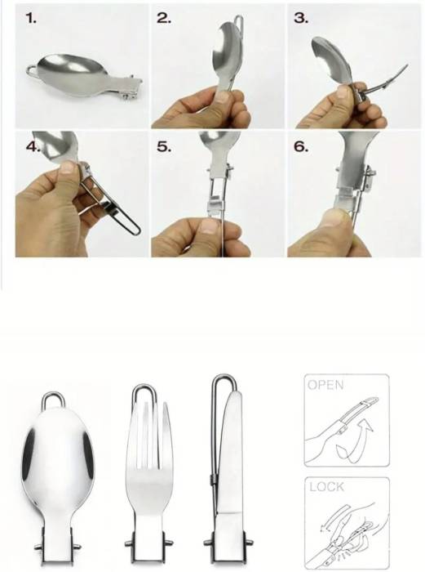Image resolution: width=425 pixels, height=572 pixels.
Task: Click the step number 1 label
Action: pyautogui.click(x=31, y=18)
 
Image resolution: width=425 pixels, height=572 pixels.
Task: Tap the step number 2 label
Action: pyautogui.click(x=164, y=18)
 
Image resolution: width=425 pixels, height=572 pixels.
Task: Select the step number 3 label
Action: pyautogui.click(x=301, y=18)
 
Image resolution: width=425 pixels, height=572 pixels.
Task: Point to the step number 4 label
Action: pyautogui.click(x=33, y=146)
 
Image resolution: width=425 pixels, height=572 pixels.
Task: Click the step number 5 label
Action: pyautogui.click(x=164, y=146)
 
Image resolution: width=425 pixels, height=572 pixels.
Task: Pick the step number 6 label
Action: pyautogui.click(x=301, y=146)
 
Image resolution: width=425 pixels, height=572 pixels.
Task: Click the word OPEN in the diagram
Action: pyautogui.click(x=325, y=385)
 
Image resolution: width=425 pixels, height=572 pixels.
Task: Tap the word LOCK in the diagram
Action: pyautogui.click(x=326, y=487)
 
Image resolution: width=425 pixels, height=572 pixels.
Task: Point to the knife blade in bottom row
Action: pyautogui.click(x=230, y=453)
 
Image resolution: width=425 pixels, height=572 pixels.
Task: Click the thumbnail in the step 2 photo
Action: pyautogui.click(x=222, y=97)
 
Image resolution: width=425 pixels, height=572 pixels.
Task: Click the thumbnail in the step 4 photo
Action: pyautogui.click(x=68, y=168)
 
